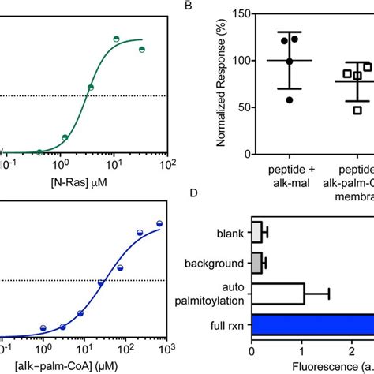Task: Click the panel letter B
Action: click(189, 7)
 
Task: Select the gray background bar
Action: click(256, 262)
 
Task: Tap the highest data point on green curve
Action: click(115, 38)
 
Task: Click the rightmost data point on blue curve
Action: click(159, 224)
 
